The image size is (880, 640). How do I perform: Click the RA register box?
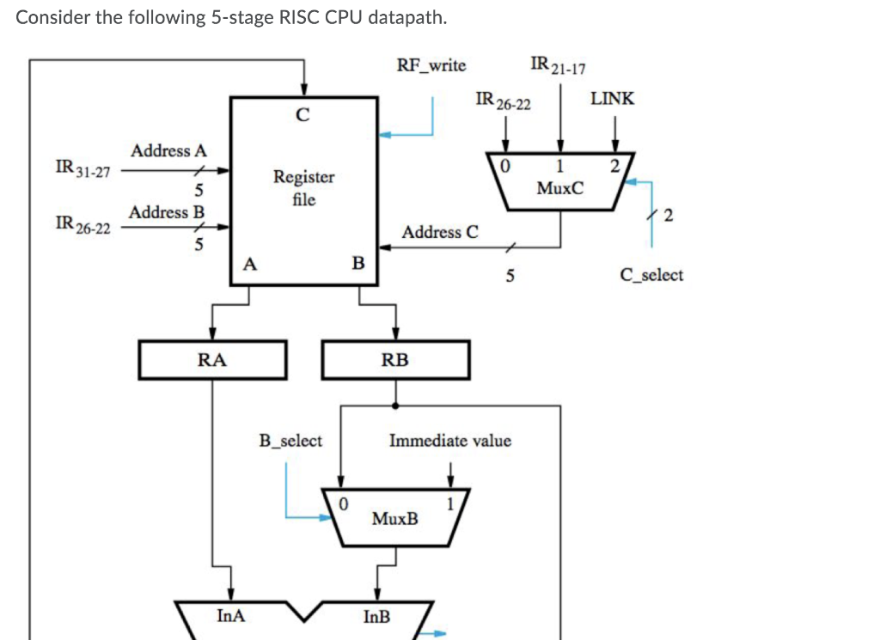coord(212,360)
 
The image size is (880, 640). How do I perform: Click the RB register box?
coord(395,360)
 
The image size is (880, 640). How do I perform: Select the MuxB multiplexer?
coord(395,518)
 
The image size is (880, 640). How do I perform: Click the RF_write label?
coord(431,65)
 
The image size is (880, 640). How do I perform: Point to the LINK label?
coord(613,99)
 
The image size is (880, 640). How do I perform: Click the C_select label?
coord(651,275)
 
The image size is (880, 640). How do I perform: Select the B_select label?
coord(290,441)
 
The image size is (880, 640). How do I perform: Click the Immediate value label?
coord(449,441)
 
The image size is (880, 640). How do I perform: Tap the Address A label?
coord(168,150)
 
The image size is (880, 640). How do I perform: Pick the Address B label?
coord(168,211)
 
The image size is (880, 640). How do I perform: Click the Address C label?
coord(440,232)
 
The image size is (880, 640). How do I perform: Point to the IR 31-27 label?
coord(82,168)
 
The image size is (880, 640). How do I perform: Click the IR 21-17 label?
coord(558,65)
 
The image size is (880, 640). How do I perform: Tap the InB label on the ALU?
coord(376,616)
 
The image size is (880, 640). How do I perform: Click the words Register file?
coord(303,188)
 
